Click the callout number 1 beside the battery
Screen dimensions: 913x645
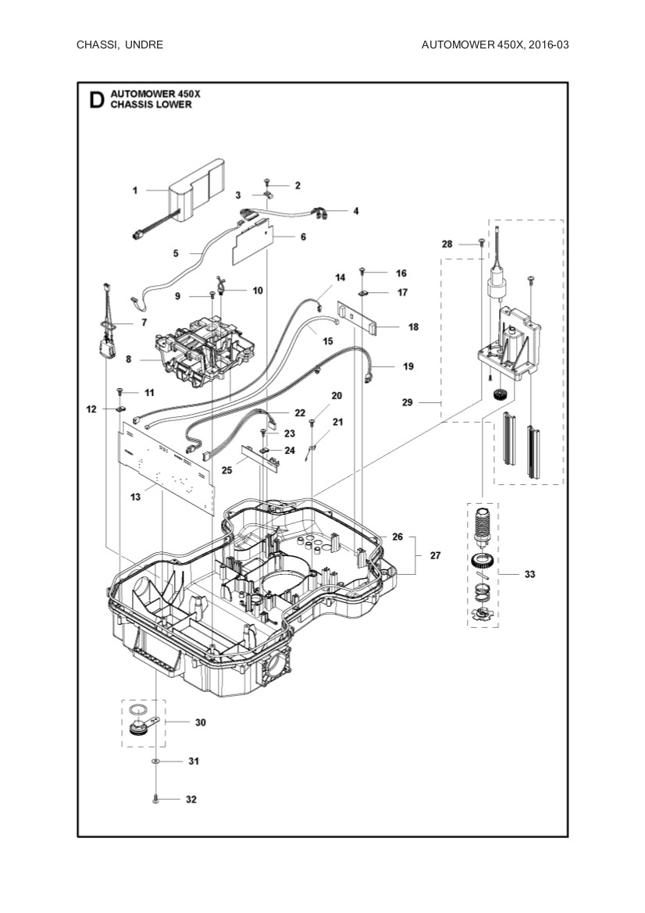(x=135, y=190)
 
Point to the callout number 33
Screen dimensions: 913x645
(x=529, y=574)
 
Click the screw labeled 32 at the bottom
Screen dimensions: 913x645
(x=156, y=800)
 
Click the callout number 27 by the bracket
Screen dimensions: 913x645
(x=435, y=555)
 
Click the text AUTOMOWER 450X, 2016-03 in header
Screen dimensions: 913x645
(x=494, y=45)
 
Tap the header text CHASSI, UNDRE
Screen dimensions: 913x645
(x=119, y=45)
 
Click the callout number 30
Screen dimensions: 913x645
(x=201, y=722)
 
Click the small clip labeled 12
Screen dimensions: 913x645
(x=121, y=408)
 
